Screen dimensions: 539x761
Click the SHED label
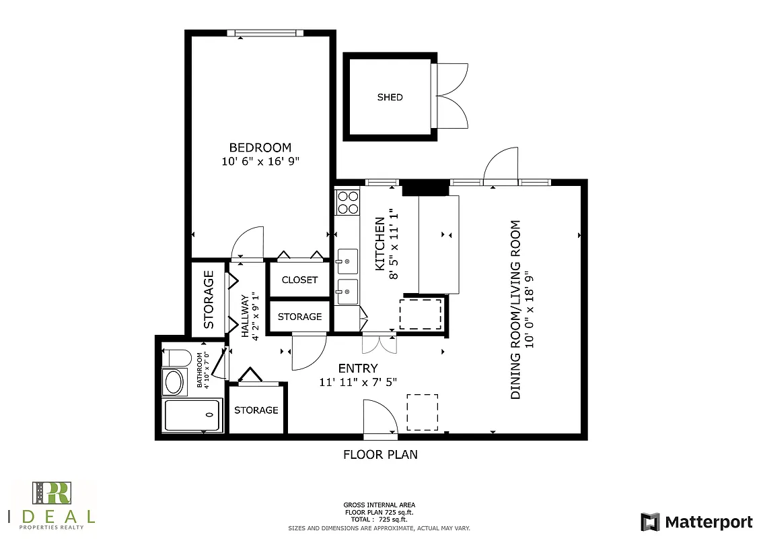390,97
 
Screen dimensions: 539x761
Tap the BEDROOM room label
260,148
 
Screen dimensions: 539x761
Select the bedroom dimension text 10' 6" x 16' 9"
260,162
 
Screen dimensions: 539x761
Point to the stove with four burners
348,201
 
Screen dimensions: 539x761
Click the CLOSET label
299,280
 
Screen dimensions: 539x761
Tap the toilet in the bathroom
177,357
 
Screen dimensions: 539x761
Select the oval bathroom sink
174,382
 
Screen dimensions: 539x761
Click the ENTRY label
357,368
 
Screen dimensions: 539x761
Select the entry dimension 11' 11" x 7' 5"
357,382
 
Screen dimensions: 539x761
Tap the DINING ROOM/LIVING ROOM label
516,310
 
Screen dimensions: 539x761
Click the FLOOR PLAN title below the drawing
380,455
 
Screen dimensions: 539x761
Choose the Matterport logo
696,521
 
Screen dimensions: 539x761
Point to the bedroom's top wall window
261,32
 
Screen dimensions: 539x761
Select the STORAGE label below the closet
299,317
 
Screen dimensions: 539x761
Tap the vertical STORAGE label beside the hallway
209,299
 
